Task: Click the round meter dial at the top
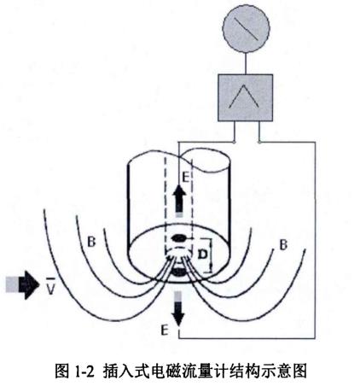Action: point(246,29)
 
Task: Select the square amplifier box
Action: point(246,97)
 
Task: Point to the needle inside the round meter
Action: point(246,28)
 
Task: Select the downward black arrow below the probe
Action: point(178,309)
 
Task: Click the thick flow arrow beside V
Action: point(22,284)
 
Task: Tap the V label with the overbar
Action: point(50,287)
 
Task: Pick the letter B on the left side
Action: point(91,242)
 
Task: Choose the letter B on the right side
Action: point(283,245)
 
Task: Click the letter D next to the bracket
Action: point(202,254)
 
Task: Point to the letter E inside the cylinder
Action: point(185,178)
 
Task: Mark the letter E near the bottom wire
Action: point(165,330)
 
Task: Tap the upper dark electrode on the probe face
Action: point(179,237)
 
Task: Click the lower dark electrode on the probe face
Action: point(179,272)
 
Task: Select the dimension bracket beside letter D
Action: point(211,255)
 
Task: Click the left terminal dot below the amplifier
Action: point(234,142)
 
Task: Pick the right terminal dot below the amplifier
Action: point(259,142)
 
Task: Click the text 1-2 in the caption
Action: point(84,371)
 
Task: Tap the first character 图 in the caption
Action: point(62,371)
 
